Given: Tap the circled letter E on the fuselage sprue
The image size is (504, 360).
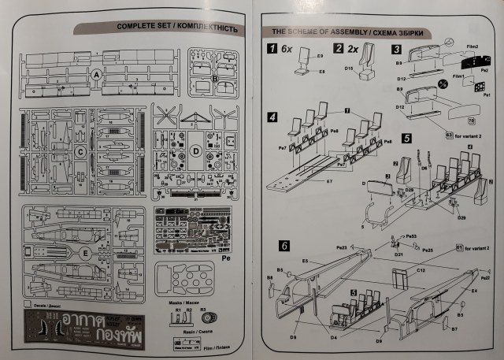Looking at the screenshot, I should (84, 252).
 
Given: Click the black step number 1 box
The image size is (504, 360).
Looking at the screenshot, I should (272, 49).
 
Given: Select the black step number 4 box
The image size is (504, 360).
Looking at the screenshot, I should (272, 117).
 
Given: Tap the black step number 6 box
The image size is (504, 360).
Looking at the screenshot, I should (272, 245).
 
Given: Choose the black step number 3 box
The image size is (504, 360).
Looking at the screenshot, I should (396, 49).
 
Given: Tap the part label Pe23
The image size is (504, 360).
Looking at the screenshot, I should (341, 247).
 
